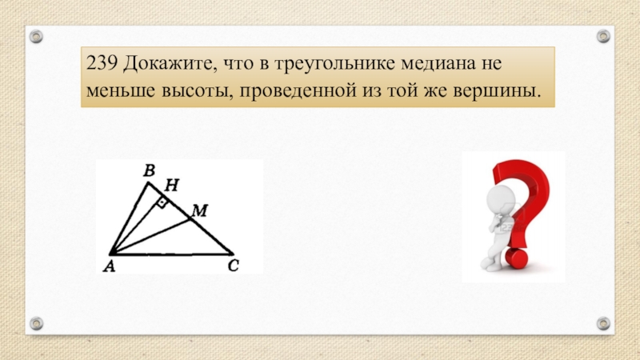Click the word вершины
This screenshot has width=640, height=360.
click(x=497, y=94)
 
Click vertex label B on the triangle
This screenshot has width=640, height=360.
click(x=148, y=170)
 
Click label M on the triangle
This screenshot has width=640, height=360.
click(x=199, y=210)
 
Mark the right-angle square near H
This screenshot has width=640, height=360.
click(x=162, y=204)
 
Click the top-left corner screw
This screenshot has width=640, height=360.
click(x=37, y=35)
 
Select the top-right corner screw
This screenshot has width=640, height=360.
click(x=603, y=35)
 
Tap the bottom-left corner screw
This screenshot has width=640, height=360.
click(x=37, y=323)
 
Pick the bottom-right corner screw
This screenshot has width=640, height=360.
click(x=603, y=323)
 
